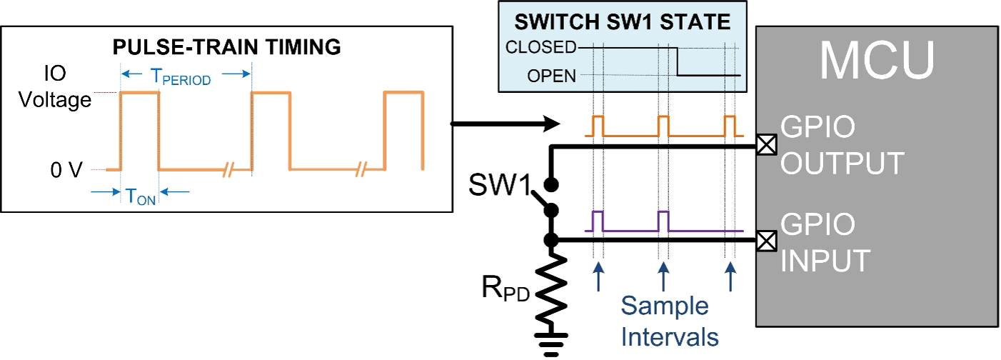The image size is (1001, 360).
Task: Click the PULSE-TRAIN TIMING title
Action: pos(227,48)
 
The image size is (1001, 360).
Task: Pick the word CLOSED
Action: pos(540,48)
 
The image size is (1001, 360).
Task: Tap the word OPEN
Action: pos(552,75)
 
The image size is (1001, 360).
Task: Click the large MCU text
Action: pos(877,61)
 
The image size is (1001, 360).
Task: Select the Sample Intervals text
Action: pos(664,320)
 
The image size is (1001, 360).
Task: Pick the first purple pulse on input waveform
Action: pos(598,221)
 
